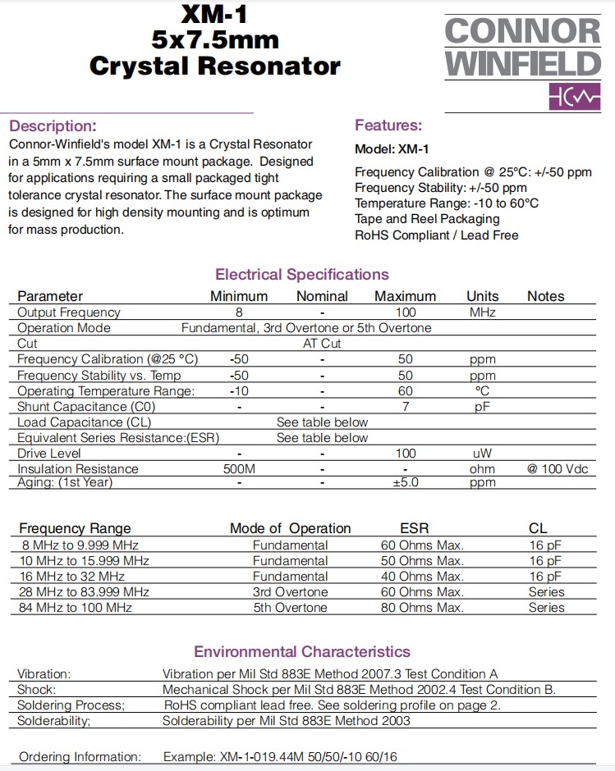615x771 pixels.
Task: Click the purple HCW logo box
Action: pyautogui.click(x=575, y=97)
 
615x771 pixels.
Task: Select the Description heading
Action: pyautogui.click(x=53, y=126)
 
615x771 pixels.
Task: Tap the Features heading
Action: pyautogui.click(x=388, y=125)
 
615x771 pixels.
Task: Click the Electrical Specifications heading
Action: pyautogui.click(x=302, y=275)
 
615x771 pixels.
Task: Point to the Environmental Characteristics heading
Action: pyautogui.click(x=302, y=652)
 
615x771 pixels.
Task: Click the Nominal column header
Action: pyautogui.click(x=322, y=296)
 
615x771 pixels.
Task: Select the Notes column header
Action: pyautogui.click(x=546, y=296)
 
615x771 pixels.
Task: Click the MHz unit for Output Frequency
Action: pyautogui.click(x=483, y=313)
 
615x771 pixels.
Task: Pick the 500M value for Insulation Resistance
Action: pyautogui.click(x=239, y=469)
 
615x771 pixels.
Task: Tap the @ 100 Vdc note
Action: pyautogui.click(x=558, y=469)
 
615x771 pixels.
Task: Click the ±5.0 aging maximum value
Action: pyautogui.click(x=405, y=482)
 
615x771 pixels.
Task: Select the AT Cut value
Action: pyautogui.click(x=322, y=344)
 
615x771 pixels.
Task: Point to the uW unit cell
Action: pyautogui.click(x=483, y=454)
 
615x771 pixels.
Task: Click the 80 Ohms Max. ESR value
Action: pyautogui.click(x=423, y=608)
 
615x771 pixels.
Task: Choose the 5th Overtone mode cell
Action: pyautogui.click(x=290, y=608)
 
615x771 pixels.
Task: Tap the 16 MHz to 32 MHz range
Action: pyautogui.click(x=70, y=577)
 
